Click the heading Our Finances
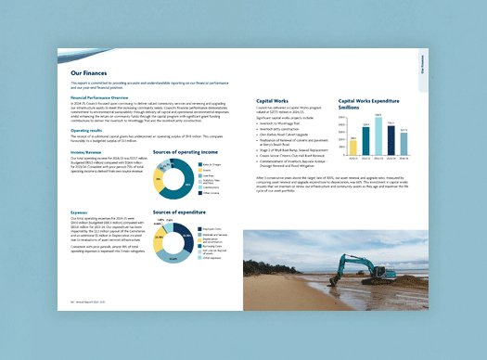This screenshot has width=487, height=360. click(89, 71)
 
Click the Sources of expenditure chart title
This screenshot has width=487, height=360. click(184, 212)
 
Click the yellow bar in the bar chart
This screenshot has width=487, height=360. click(353, 145)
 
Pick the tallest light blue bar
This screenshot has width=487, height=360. click(378, 135)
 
